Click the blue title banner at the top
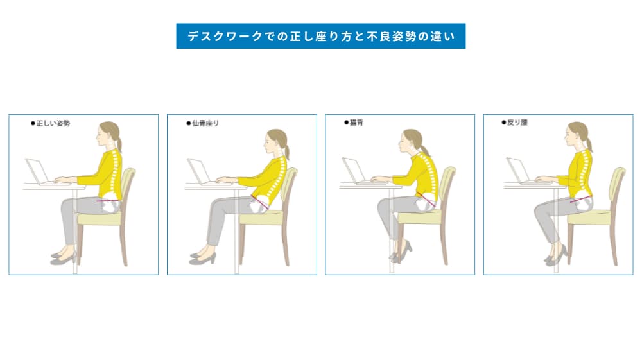pos(320,37)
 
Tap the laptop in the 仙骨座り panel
pos(200,173)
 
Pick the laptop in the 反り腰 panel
pos(517,171)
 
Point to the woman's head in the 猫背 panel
pos(410,141)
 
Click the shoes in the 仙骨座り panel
pos(203,258)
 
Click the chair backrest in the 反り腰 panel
pos(617,186)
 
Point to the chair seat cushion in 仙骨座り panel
pos(263,218)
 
